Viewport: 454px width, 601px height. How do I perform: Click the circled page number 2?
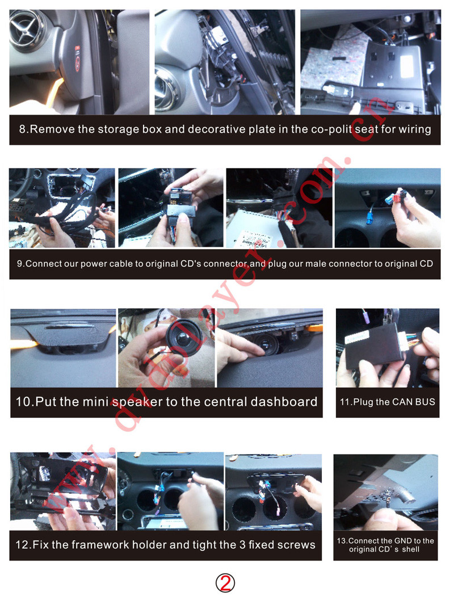click(225, 583)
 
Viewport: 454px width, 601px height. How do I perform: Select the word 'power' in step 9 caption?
click(94, 264)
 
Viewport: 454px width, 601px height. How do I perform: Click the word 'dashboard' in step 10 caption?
click(284, 401)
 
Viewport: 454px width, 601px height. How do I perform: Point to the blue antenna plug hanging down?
click(371, 219)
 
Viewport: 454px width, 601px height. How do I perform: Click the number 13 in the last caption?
click(342, 541)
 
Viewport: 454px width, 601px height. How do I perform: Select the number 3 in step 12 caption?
click(242, 545)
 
